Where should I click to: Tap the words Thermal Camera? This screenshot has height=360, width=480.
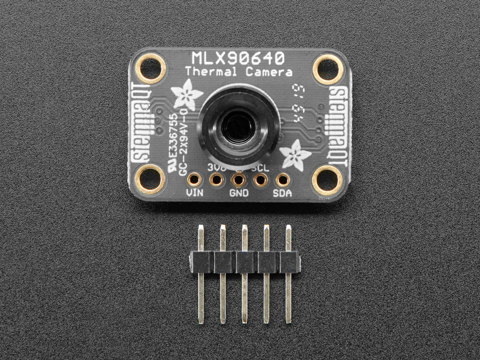coord(239,72)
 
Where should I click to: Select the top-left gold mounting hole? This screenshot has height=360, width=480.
coord(150,68)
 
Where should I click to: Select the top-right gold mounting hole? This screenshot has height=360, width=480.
coord(328,68)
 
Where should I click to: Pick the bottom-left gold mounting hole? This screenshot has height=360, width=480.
coord(150,179)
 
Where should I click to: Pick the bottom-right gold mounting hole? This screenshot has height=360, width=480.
coord(328,179)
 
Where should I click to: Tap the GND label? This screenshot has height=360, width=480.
coord(239,192)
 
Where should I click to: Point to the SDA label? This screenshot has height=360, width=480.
coord(282,192)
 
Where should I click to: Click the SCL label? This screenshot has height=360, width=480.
coord(260,168)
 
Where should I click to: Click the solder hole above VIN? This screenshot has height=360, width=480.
coord(194,180)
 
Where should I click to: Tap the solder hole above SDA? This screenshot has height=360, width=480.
coord(283,180)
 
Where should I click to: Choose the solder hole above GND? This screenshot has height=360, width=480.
coord(239,180)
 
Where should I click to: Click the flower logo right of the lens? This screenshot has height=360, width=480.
coord(291,153)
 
